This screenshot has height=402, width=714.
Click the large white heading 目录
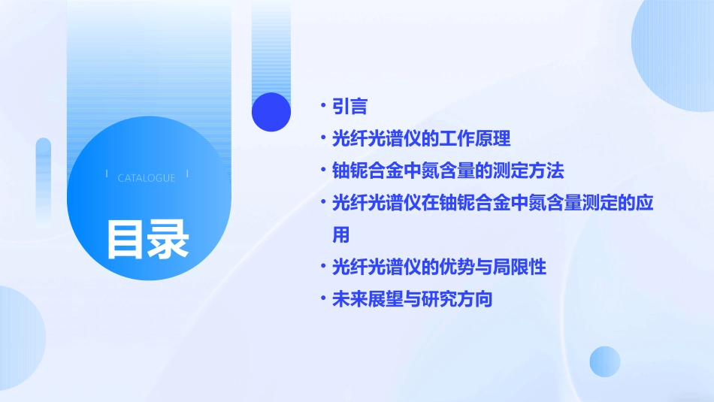(147, 238)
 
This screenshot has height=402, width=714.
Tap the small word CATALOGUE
(147, 178)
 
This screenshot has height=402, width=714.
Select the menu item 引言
(349, 107)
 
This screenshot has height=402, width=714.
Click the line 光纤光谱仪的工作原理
(421, 139)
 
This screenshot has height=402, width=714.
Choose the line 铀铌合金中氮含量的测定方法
(448, 171)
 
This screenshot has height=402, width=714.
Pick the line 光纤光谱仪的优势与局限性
(439, 267)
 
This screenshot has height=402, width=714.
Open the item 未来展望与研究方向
(412, 299)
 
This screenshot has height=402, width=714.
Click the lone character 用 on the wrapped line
(341, 234)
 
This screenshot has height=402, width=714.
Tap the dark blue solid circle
(271, 112)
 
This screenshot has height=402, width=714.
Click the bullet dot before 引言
(322, 107)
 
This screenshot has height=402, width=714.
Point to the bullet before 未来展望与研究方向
(322, 299)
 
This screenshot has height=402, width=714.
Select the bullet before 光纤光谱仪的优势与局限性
(322, 267)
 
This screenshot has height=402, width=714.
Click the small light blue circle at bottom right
(605, 361)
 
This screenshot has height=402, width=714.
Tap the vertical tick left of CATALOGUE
(107, 174)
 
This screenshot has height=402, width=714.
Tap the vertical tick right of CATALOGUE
(187, 174)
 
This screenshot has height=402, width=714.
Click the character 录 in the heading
(168, 238)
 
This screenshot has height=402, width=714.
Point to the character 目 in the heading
(126, 238)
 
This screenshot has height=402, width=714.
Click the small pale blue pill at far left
(43, 173)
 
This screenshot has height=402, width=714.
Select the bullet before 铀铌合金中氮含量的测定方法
(322, 171)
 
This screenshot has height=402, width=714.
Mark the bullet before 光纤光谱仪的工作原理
(322, 139)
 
